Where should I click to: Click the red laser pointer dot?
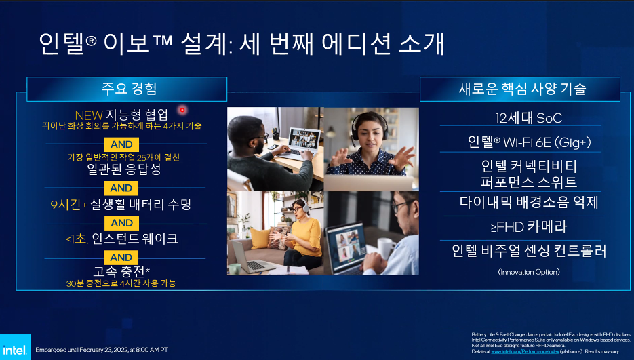tap(182, 110)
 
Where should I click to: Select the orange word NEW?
tap(88, 114)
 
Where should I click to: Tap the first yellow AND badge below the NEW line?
tap(121, 144)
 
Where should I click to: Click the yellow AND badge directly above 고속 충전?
tap(121, 258)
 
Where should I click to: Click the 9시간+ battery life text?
tap(66, 203)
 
